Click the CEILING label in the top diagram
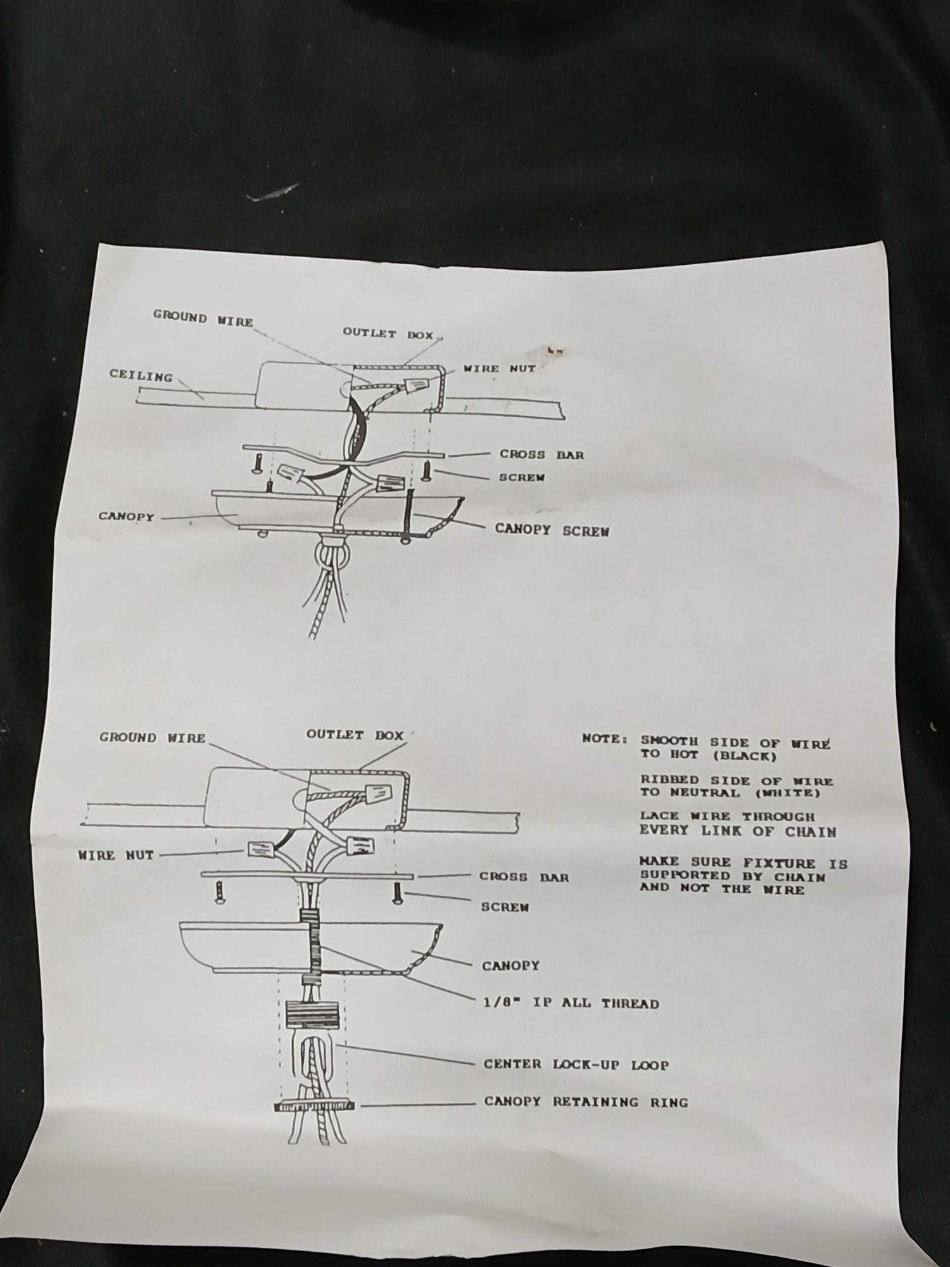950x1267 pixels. pos(141,376)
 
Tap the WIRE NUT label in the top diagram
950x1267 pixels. pos(499,368)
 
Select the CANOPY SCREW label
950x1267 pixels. pos(552,530)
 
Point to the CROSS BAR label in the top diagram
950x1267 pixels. pos(541,454)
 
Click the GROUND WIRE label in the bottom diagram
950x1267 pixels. pos(153,737)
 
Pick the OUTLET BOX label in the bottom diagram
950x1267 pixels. pos(355,735)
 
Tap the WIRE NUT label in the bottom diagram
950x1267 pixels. pos(116,855)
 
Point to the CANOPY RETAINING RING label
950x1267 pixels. pos(586,1102)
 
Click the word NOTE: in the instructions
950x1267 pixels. pos(605,739)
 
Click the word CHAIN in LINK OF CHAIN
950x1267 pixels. pos(811,832)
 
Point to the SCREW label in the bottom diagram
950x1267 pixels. pos(505,907)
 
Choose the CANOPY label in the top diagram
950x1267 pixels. pos(126,516)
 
